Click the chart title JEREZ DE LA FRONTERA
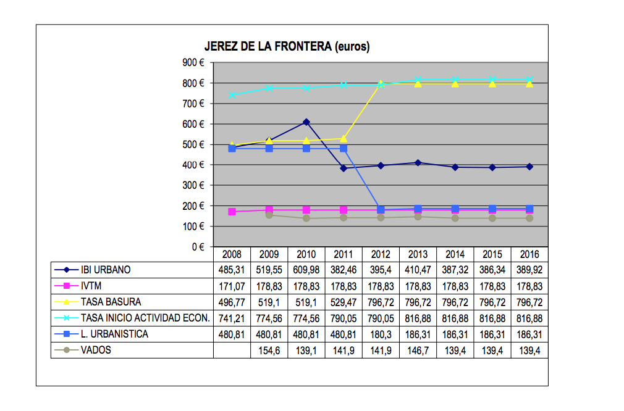click(x=287, y=47)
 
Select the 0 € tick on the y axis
click(x=198, y=247)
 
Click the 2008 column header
click(x=232, y=254)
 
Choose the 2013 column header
click(x=418, y=254)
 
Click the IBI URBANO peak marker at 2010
click(x=306, y=122)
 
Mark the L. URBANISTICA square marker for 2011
click(x=344, y=149)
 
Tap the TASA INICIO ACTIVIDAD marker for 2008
click(x=232, y=95)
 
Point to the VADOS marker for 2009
click(x=269, y=215)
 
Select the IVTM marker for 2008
click(x=232, y=212)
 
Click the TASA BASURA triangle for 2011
click(x=344, y=138)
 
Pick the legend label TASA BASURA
click(x=111, y=302)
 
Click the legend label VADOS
click(x=96, y=350)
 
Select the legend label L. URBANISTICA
click(x=115, y=334)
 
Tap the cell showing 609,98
click(x=306, y=270)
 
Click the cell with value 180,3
click(x=381, y=334)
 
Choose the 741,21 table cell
click(x=232, y=318)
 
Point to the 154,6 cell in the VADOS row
click(x=269, y=350)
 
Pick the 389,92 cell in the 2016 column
click(x=529, y=270)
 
